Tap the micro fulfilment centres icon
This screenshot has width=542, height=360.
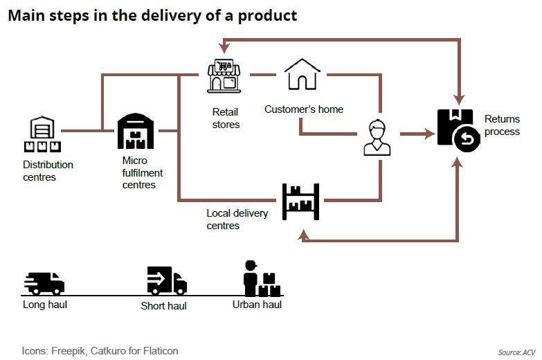(x=135, y=131)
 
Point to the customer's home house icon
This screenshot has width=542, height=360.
(x=302, y=74)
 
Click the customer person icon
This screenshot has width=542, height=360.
(x=377, y=138)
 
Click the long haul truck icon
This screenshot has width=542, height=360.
(x=44, y=284)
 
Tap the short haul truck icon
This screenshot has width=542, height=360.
(x=166, y=281)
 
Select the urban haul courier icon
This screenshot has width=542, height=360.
(x=260, y=279)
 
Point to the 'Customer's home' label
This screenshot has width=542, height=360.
(x=304, y=109)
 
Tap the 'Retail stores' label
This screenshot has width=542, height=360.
(x=226, y=118)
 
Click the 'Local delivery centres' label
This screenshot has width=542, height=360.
(x=237, y=219)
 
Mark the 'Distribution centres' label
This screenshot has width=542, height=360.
(x=48, y=171)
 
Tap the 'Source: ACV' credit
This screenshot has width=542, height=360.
(x=517, y=352)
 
